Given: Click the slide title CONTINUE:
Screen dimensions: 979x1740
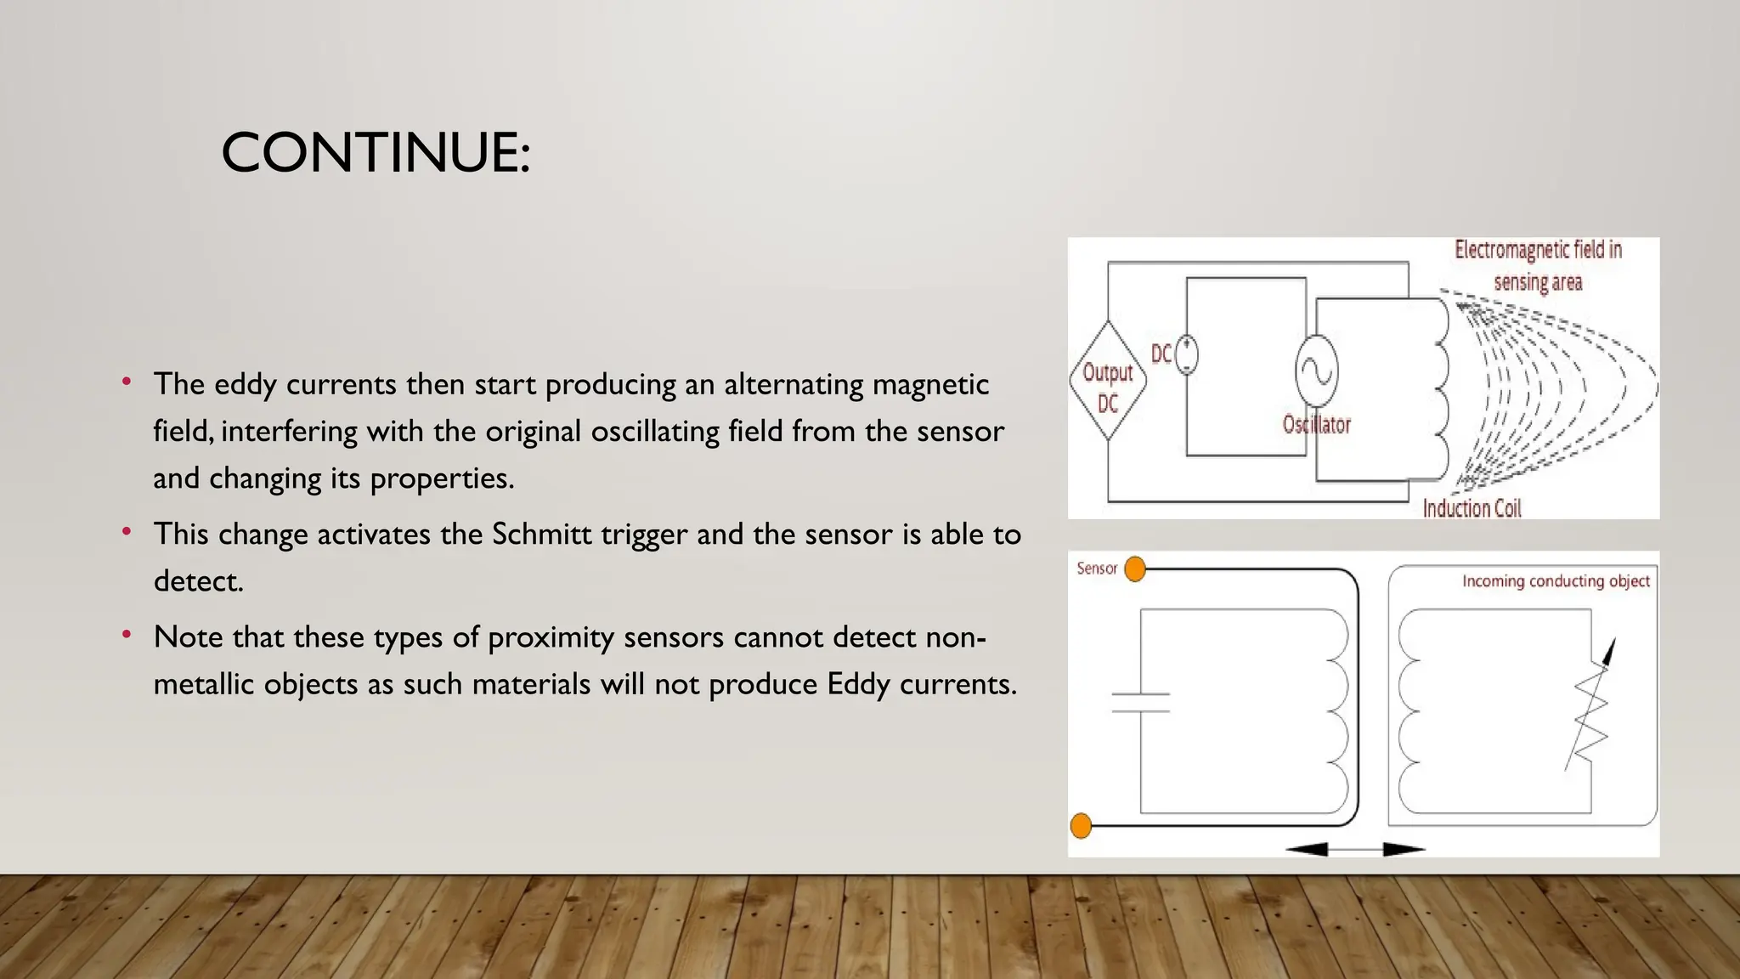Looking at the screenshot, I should [376, 153].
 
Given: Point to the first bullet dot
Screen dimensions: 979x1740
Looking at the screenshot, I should [127, 382].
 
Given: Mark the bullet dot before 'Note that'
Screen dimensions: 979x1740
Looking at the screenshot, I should [127, 634].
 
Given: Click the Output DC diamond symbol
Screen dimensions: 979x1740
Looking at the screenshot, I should [1108, 381].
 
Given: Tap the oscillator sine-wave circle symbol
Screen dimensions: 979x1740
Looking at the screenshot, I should [1316, 371].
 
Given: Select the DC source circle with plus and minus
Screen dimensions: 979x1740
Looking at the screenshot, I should [1187, 354].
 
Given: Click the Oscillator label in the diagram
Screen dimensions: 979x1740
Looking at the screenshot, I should [1316, 424].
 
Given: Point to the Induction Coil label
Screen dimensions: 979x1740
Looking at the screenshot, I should [1472, 508].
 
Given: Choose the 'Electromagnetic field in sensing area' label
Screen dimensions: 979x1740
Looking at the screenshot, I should [1538, 265].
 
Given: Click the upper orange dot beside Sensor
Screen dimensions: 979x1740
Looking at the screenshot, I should [1135, 569].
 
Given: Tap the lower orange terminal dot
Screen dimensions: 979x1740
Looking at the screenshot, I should [1081, 825].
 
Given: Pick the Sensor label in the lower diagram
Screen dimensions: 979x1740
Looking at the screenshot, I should [1096, 569].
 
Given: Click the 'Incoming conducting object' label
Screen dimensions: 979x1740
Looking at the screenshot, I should [1555, 581].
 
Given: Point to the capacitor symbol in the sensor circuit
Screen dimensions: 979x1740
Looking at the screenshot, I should [1141, 702].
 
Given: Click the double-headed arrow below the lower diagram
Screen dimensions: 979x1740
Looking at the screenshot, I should [1355, 848].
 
